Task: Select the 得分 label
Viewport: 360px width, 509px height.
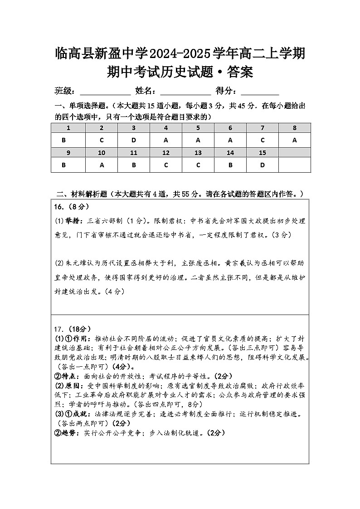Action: (225, 91)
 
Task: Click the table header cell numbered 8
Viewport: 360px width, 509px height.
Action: (294, 128)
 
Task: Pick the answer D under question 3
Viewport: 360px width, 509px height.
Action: (134, 140)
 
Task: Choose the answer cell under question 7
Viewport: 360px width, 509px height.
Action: (262, 140)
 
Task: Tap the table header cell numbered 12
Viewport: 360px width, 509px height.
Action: (166, 153)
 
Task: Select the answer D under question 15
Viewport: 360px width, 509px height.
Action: (262, 165)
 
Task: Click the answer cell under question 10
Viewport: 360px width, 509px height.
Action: (102, 165)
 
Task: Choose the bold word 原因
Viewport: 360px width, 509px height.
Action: (75, 386)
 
